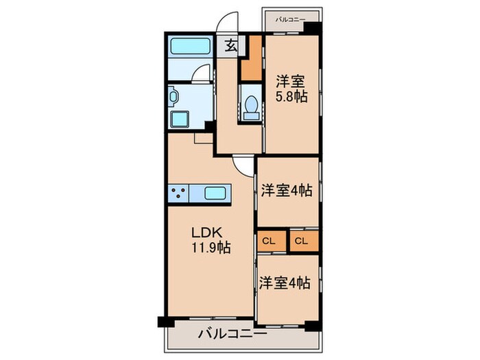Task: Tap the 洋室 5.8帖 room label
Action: (291, 88)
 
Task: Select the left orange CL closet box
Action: (269, 241)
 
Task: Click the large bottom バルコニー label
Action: (232, 335)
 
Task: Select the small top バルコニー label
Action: (291, 19)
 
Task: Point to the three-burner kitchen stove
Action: (180, 193)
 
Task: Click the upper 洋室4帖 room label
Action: (286, 190)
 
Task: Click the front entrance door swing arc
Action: (225, 24)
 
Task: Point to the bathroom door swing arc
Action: (200, 73)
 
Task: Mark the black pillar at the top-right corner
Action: (313, 29)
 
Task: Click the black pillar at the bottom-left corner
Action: (163, 321)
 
